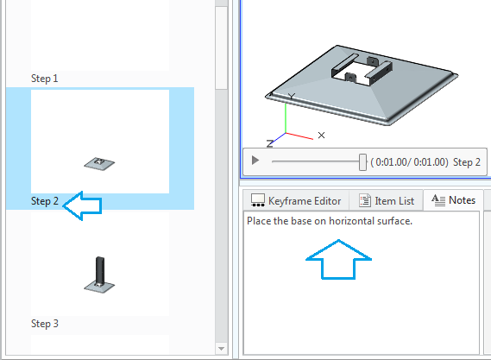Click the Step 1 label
45,78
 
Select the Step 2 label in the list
45,201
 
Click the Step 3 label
45,324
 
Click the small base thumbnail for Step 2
100,161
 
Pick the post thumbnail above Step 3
100,273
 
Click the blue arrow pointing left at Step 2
84,205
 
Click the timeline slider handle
362,161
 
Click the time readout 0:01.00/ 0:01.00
409,161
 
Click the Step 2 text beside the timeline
467,161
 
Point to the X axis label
321,136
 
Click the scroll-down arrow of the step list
222,349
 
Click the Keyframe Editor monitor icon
257,200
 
